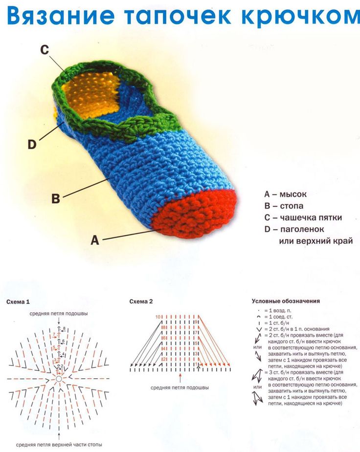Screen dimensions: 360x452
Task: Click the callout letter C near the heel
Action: (x=45, y=50)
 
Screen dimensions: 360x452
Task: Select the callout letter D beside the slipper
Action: (x=32, y=144)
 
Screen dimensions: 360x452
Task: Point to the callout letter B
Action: (x=56, y=198)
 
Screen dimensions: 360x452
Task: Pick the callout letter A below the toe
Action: (x=95, y=240)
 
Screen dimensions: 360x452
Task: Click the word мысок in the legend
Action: (x=293, y=194)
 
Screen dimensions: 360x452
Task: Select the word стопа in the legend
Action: (x=292, y=206)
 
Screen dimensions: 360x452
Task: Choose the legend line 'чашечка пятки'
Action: (x=303, y=217)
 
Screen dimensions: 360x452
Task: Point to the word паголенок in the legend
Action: (x=302, y=230)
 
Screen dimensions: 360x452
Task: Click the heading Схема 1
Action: (x=18, y=302)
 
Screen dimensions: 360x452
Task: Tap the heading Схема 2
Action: (x=141, y=302)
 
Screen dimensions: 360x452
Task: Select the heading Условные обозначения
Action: (x=286, y=301)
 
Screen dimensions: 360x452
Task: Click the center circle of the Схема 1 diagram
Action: (x=59, y=379)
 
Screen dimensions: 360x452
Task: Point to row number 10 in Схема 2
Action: (x=158, y=317)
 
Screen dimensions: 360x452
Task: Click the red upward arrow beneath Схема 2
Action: (x=180, y=378)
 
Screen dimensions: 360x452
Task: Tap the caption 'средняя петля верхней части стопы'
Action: (x=59, y=445)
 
